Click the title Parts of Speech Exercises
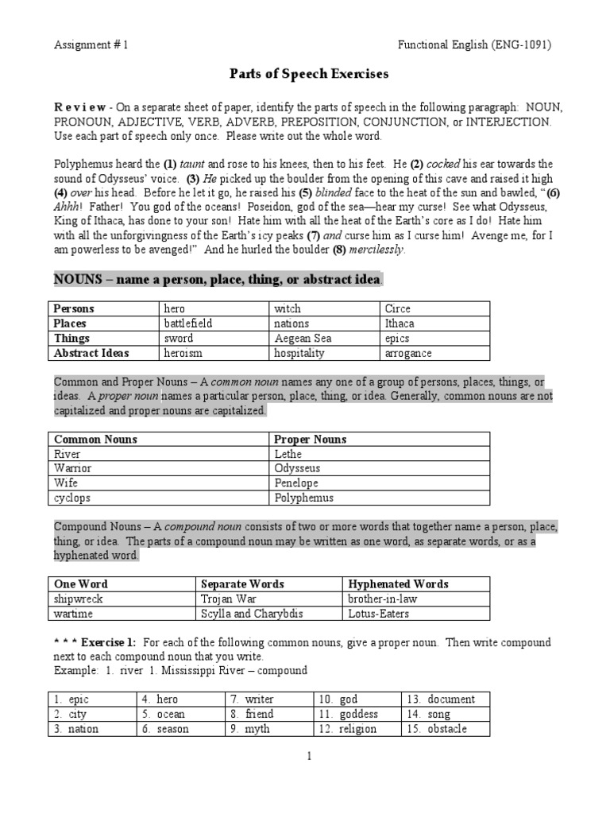point(309,74)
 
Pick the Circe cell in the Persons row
point(398,308)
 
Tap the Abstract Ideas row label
point(91,354)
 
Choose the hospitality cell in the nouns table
point(299,354)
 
